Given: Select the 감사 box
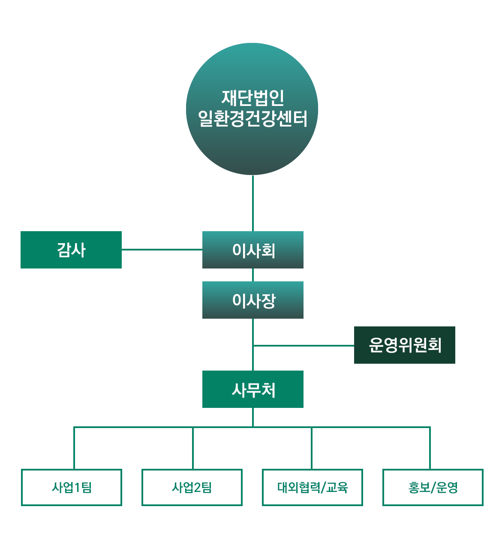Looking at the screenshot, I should (71, 250).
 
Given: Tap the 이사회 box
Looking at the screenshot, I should (253, 250).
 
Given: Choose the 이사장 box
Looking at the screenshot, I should (253, 300).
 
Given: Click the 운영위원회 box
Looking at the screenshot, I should (405, 345).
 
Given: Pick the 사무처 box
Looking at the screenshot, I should (253, 389).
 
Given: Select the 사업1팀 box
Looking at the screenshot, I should (72, 487).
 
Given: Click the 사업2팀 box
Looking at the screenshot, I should (192, 487).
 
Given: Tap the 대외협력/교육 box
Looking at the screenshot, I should (313, 487).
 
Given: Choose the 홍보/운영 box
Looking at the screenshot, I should (433, 487).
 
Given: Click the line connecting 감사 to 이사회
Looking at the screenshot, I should (162, 249).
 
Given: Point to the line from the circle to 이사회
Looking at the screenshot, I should (253, 203).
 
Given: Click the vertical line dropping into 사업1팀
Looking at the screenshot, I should (74, 448).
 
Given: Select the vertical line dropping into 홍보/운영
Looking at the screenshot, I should (430, 448).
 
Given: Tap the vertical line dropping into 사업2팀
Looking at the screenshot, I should (193, 448).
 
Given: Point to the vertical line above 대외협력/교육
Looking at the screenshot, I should (312, 448).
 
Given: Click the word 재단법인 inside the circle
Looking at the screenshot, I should (253, 98).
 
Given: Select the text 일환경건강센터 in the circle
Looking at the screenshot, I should (253, 118).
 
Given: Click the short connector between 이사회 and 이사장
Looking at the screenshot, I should (253, 275).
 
